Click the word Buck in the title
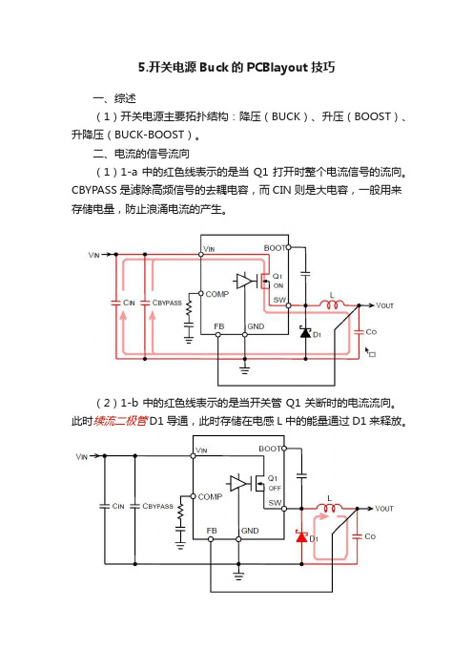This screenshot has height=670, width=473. (x=214, y=67)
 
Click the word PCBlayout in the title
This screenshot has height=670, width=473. (x=278, y=68)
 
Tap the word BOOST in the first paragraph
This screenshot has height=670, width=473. (x=373, y=116)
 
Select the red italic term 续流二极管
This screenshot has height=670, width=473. (x=121, y=421)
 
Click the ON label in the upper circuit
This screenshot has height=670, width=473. (x=278, y=285)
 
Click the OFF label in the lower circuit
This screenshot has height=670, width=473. (x=275, y=488)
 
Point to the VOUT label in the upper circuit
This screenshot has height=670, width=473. (x=384, y=305)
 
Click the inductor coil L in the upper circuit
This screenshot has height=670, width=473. (x=332, y=304)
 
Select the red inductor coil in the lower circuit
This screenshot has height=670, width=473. (x=329, y=507)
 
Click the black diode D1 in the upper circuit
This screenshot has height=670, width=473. (x=306, y=332)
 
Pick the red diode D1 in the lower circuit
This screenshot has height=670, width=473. (x=301, y=535)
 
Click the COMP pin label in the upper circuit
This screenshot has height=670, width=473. (x=217, y=294)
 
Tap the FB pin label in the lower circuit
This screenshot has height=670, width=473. (x=212, y=531)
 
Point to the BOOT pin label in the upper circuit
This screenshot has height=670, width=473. (x=275, y=248)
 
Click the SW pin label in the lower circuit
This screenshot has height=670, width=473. (x=275, y=503)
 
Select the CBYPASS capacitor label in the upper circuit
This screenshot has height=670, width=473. (x=167, y=303)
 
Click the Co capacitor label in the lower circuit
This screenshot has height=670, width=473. (x=370, y=536)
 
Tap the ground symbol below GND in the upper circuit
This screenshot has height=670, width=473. (x=245, y=369)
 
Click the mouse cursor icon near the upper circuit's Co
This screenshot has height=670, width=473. (x=370, y=352)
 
